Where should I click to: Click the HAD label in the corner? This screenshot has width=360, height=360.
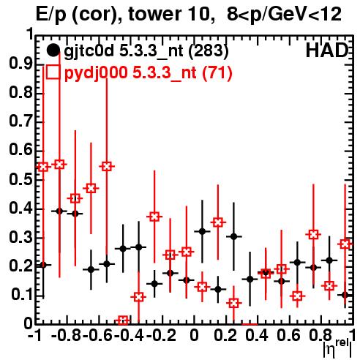(x=327, y=50)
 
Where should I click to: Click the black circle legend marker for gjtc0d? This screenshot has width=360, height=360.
(x=53, y=50)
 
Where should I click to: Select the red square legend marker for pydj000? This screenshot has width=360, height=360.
(x=53, y=72)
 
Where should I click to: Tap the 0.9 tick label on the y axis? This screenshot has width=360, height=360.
(x=21, y=64)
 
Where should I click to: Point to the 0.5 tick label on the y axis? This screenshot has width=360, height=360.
(x=21, y=179)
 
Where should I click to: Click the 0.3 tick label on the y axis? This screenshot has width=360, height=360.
(x=21, y=237)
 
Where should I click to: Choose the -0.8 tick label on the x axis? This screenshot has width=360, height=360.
(x=66, y=336)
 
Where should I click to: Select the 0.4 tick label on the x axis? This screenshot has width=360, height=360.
(x=257, y=336)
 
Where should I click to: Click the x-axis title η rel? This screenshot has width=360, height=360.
(x=337, y=348)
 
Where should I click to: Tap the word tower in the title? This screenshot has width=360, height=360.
(x=154, y=15)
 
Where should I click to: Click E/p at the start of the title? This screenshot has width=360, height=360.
(x=51, y=15)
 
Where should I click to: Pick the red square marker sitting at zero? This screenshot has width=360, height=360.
(x=123, y=320)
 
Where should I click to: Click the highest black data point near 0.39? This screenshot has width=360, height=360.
(x=59, y=211)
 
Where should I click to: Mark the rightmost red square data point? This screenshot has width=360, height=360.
(x=345, y=244)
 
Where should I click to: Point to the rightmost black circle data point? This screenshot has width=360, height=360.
(x=345, y=295)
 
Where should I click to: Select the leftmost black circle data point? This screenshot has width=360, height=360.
(x=43, y=265)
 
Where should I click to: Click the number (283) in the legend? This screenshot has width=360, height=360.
(x=209, y=50)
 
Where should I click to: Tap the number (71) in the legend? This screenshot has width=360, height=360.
(x=217, y=72)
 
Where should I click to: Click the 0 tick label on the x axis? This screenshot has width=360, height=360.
(x=194, y=336)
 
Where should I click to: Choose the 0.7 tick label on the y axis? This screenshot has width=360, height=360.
(x=21, y=121)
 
